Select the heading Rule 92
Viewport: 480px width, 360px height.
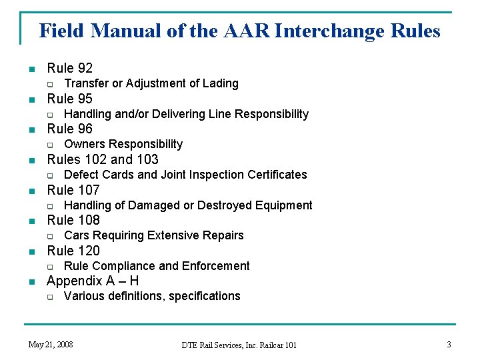pos(69,68)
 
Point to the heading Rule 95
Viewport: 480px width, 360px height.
pos(69,99)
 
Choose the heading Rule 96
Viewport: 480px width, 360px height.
pos(69,129)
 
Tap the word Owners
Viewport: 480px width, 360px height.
pos(85,144)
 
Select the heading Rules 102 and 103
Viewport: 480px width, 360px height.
pos(103,159)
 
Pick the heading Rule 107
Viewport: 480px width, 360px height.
pos(73,190)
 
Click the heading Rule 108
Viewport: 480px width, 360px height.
pos(73,220)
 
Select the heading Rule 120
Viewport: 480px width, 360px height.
pos(73,251)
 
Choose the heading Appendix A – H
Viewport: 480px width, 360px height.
pos(93,281)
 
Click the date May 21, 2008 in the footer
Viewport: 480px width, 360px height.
pos(51,345)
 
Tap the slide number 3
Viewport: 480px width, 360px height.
pos(449,345)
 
